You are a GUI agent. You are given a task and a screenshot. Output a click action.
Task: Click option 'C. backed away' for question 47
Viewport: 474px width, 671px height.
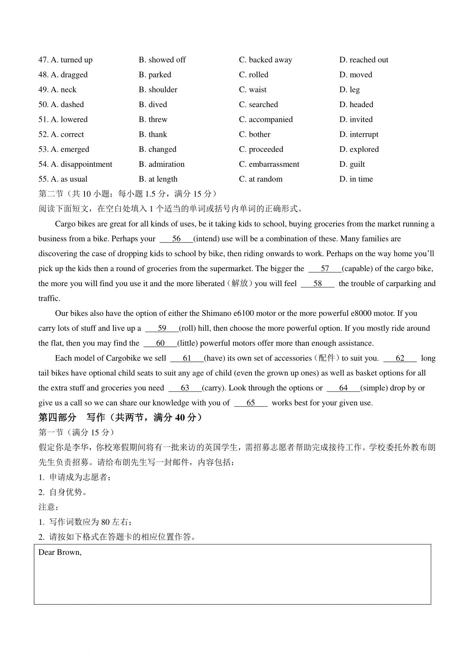click(x=265, y=60)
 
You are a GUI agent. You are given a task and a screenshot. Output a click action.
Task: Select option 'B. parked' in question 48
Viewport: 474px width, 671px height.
click(x=155, y=75)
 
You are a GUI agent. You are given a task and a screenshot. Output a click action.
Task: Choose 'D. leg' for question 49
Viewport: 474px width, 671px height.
click(x=350, y=90)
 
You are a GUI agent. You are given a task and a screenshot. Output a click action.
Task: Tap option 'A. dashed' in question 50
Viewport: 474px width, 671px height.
click(x=67, y=105)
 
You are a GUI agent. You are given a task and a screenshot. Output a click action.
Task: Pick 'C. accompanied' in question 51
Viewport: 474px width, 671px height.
click(x=266, y=120)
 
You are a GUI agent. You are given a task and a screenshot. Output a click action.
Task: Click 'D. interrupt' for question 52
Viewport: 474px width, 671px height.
click(x=359, y=135)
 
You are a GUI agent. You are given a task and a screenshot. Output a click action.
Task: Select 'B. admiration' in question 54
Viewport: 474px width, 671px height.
click(x=162, y=164)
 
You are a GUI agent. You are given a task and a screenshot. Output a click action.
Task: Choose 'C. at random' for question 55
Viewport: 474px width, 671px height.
click(x=261, y=179)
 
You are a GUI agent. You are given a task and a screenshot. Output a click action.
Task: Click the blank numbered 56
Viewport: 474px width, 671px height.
click(x=176, y=239)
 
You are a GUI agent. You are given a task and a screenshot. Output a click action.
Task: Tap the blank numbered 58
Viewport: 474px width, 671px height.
click(x=318, y=284)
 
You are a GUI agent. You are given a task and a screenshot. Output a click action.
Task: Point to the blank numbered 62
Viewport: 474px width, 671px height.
click(x=400, y=358)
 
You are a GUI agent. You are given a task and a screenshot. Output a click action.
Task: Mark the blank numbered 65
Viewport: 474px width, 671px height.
click(x=251, y=403)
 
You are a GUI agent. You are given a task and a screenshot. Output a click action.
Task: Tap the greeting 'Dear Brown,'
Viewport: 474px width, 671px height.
click(x=60, y=552)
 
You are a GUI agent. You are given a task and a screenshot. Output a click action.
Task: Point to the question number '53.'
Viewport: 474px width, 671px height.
click(x=43, y=149)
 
